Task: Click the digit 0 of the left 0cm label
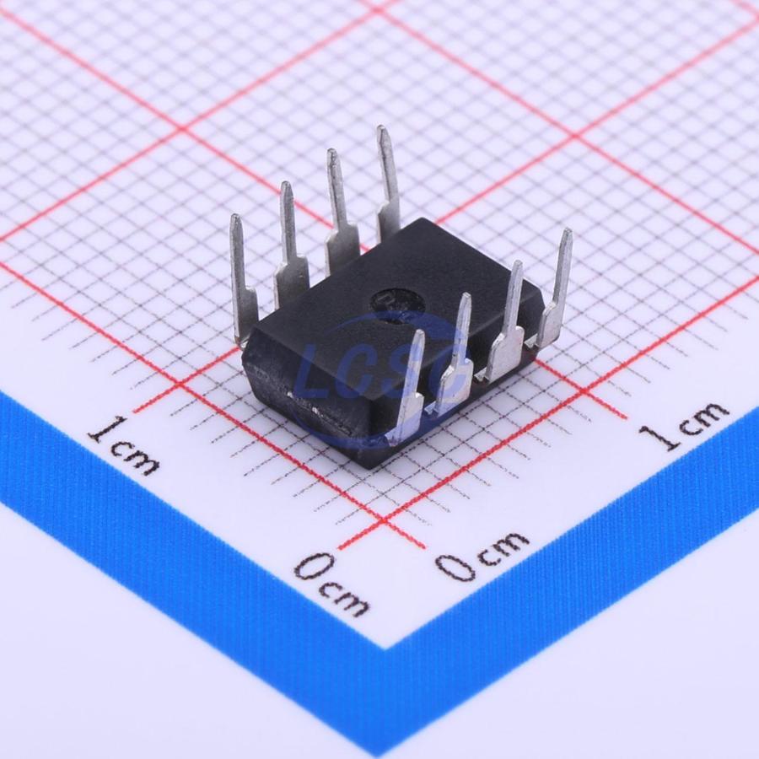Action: click(x=315, y=568)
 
